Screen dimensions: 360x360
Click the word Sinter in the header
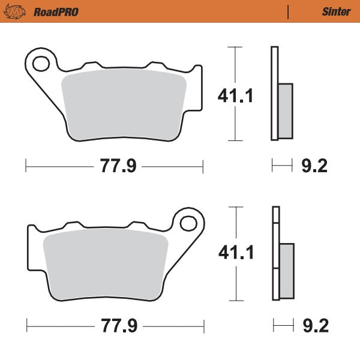pos(332,11)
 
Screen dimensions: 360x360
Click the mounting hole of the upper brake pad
pos(41,62)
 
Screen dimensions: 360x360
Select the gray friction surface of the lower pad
pos(106,264)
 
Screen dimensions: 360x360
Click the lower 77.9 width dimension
pos(118,327)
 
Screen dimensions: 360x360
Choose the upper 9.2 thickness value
pos(314,166)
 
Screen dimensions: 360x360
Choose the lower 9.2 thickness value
pos(314,327)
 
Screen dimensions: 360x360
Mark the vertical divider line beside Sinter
pos(289,11)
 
